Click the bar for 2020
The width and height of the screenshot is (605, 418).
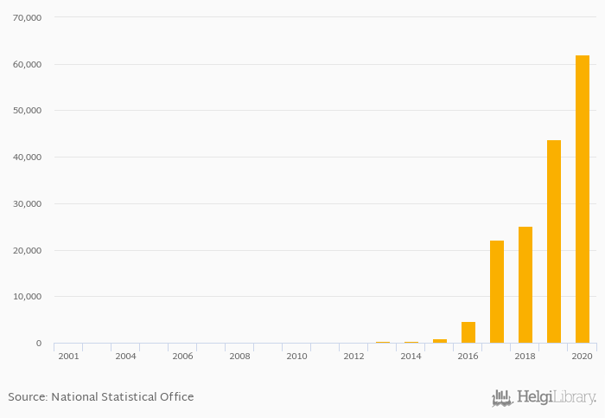pyautogui.click(x=583, y=199)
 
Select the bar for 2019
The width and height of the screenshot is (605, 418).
pyautogui.click(x=554, y=241)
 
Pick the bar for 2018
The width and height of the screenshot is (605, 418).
pyautogui.click(x=525, y=285)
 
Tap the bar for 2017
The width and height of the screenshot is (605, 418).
pyautogui.click(x=497, y=292)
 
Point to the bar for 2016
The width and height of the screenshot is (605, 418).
pyautogui.click(x=468, y=332)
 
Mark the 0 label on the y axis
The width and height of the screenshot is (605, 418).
pyautogui.click(x=38, y=344)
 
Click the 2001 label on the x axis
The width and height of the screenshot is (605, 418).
pyautogui.click(x=68, y=356)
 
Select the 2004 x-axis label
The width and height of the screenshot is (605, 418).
pyautogui.click(x=125, y=356)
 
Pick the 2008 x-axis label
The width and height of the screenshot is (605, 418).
pyautogui.click(x=239, y=356)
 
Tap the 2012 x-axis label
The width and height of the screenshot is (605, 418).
pyautogui.click(x=353, y=356)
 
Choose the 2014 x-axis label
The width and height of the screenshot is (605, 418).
pyautogui.click(x=411, y=356)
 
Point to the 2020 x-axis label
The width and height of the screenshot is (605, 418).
pyautogui.click(x=582, y=356)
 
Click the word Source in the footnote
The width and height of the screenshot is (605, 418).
pyautogui.click(x=27, y=397)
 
